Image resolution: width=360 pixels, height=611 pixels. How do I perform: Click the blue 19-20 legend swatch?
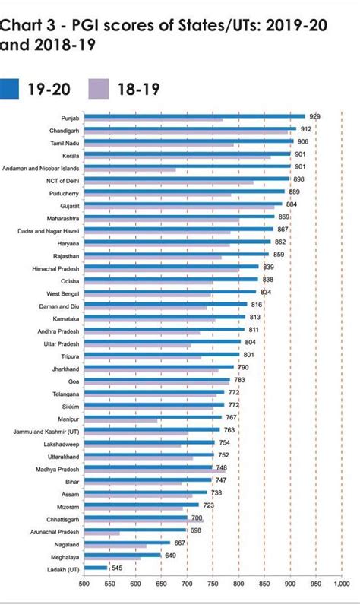(10, 89)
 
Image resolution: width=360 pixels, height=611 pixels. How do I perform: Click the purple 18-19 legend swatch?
(102, 89)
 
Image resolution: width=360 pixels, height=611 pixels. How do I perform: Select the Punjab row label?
(69, 118)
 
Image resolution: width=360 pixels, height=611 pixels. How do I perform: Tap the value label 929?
(314, 116)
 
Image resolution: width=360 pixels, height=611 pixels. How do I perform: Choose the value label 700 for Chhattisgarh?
(196, 518)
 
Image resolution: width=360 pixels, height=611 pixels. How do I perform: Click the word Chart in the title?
(21, 26)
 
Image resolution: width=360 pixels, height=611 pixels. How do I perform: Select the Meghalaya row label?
(62, 556)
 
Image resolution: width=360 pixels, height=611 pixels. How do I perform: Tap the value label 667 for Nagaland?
(179, 543)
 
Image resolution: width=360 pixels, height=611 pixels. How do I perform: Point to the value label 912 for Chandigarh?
(306, 129)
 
